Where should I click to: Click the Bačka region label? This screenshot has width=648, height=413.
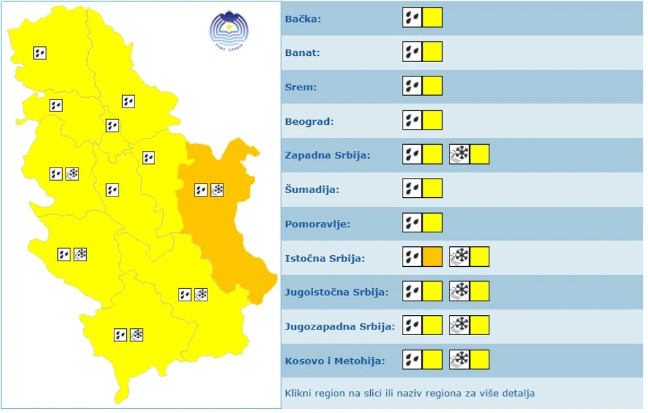click(303, 19)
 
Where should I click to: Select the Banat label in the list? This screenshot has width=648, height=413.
click(303, 53)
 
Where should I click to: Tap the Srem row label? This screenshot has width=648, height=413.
click(301, 88)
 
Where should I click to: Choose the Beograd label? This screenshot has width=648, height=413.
click(309, 122)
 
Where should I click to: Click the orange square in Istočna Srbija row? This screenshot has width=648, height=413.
click(432, 257)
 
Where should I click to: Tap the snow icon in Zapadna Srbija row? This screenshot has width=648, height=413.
click(459, 154)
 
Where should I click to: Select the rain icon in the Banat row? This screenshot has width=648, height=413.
click(412, 52)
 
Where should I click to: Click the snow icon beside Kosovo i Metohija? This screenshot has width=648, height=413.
click(459, 360)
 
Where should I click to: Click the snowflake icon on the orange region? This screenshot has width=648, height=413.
click(217, 189)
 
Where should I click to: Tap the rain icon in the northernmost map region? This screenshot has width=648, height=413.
click(40, 52)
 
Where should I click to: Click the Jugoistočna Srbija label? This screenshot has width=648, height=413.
click(336, 292)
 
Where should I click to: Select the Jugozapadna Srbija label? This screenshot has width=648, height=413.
click(339, 326)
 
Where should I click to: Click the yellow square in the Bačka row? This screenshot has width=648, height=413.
click(432, 17)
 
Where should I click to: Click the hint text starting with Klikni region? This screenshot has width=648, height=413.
click(409, 394)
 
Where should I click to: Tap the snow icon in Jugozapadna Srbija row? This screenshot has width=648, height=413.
click(459, 325)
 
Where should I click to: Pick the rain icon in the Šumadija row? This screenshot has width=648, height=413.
click(412, 188)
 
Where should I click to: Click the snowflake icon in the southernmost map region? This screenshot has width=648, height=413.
click(136, 335)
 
